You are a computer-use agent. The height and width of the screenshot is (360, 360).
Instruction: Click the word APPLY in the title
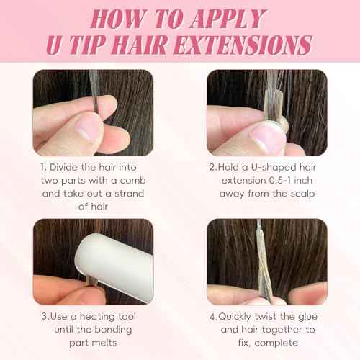click(x=228, y=19)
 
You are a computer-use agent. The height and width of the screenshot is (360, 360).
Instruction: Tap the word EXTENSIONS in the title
click(x=243, y=45)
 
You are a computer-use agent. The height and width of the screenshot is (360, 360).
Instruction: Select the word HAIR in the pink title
click(x=139, y=45)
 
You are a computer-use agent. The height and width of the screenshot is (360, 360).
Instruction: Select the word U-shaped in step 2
click(x=274, y=168)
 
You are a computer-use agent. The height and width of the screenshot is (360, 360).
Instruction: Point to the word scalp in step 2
click(x=302, y=194)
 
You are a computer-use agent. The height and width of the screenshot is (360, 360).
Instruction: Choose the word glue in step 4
click(x=308, y=317)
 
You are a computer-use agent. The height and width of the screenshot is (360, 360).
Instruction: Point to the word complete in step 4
click(x=276, y=343)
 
